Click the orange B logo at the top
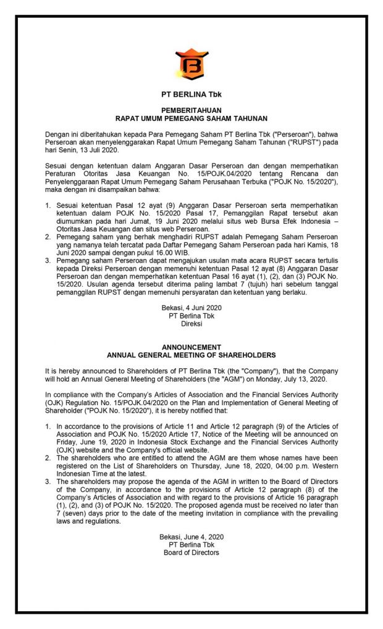click(x=192, y=64)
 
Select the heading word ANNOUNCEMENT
click(x=192, y=347)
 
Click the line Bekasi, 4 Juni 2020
click(x=192, y=307)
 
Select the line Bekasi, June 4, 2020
click(x=192, y=536)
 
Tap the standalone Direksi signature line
click(x=192, y=323)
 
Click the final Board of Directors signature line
click(x=192, y=553)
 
